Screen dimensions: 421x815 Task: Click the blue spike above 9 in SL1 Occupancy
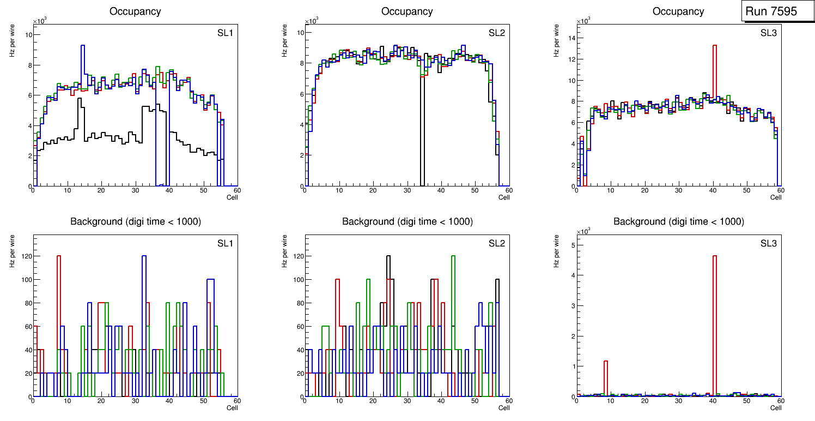[83, 49]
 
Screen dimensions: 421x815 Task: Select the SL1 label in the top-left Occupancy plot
[225, 33]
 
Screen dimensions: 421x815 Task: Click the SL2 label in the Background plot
[496, 243]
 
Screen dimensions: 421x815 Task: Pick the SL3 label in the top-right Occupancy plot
[768, 33]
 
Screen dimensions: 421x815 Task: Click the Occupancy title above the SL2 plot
[407, 11]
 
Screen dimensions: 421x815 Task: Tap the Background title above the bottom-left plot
[136, 221]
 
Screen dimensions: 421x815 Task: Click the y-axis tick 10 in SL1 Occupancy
[27, 35]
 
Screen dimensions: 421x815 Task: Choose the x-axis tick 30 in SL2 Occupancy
[406, 190]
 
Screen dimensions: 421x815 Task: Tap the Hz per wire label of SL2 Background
[284, 251]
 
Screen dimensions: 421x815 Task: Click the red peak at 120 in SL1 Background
[59, 256]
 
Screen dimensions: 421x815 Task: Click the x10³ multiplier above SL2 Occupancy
[311, 21]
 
